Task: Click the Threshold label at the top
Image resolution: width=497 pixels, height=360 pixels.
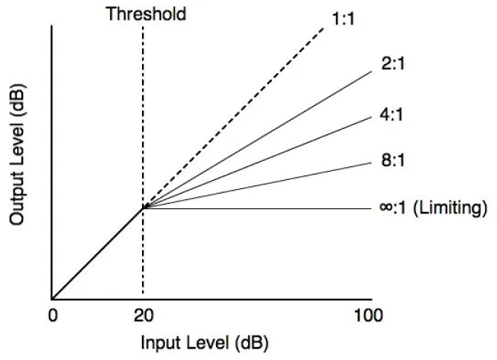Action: coord(145,14)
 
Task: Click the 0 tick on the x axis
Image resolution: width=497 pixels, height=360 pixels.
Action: coord(52,314)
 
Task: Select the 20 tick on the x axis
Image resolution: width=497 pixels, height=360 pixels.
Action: coord(143,314)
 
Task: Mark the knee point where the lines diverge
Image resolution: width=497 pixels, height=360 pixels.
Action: coord(143,207)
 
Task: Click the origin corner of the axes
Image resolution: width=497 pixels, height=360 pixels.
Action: coord(52,298)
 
